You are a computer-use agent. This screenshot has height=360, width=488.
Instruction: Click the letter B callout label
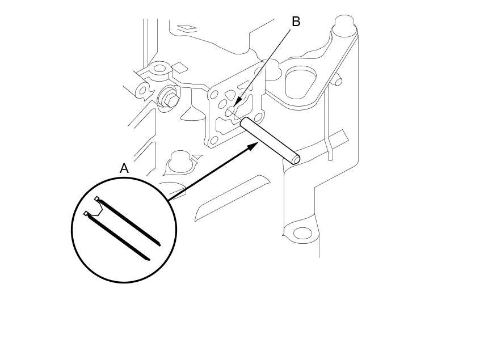tap(296, 22)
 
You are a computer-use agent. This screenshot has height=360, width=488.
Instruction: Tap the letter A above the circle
tap(124, 168)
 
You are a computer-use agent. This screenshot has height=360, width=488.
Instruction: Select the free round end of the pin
tap(296, 160)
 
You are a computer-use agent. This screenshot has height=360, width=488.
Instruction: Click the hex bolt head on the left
tap(167, 98)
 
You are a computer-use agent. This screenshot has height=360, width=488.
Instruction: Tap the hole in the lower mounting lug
tap(302, 233)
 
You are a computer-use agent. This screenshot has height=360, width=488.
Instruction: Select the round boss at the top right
tap(344, 24)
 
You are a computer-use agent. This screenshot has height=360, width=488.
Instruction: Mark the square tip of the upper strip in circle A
tap(97, 198)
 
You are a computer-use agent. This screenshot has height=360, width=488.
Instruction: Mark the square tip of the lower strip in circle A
tap(86, 214)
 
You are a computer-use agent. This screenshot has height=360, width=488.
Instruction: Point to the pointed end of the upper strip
tap(159, 245)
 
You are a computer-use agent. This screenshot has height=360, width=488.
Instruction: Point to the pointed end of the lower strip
tap(148, 260)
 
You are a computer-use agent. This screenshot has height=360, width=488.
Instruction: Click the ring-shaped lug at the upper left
tap(160, 69)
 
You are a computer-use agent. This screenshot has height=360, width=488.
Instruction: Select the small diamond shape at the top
tap(187, 27)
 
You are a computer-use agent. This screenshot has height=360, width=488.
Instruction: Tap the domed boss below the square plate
tap(179, 162)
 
